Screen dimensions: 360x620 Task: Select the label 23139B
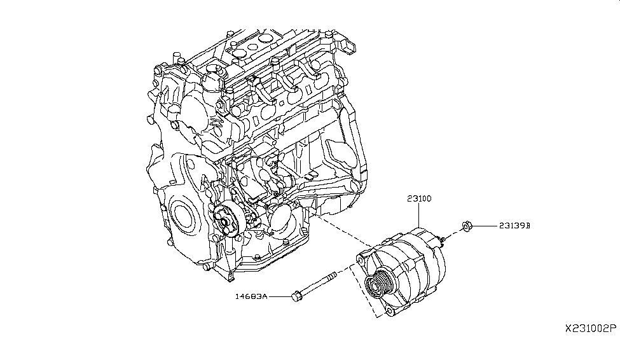click(514, 225)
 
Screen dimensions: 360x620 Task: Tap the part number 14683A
click(251, 296)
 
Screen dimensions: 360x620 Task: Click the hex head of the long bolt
click(296, 296)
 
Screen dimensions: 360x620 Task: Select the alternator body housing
click(413, 267)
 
